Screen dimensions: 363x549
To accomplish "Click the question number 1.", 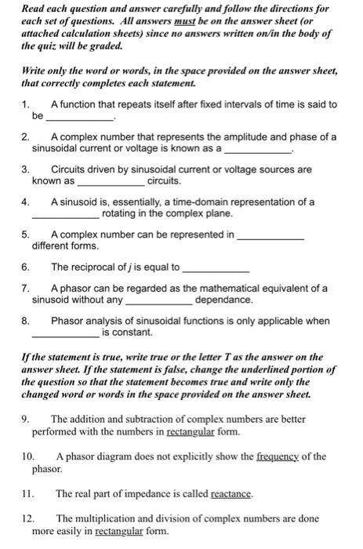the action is pos(24,104).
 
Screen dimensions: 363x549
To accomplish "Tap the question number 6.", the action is pos(24,266).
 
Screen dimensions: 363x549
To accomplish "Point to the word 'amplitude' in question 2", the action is pos(233,136).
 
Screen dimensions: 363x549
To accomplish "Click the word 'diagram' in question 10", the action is pos(124,456).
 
